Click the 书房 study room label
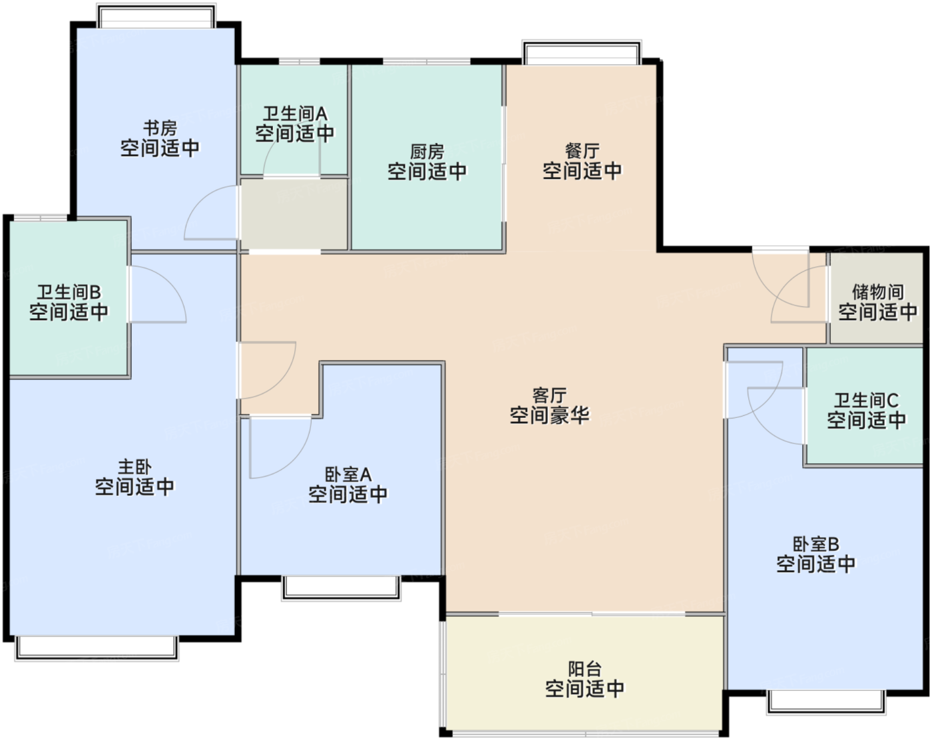click(160, 128)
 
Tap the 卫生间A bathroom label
click(295, 114)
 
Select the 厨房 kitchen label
click(427, 152)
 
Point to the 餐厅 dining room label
click(582, 151)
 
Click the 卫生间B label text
click(69, 292)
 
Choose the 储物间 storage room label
click(878, 292)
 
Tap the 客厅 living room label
click(549, 395)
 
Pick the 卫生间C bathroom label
click(866, 401)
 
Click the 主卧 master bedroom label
click(134, 467)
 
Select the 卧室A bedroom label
click(348, 474)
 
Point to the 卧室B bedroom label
click(816, 544)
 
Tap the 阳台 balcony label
click(584, 669)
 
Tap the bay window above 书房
click(156, 17)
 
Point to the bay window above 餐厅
click(582, 53)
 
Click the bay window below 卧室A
click(342, 588)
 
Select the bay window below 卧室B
click(826, 701)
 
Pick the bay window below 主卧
click(97, 648)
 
